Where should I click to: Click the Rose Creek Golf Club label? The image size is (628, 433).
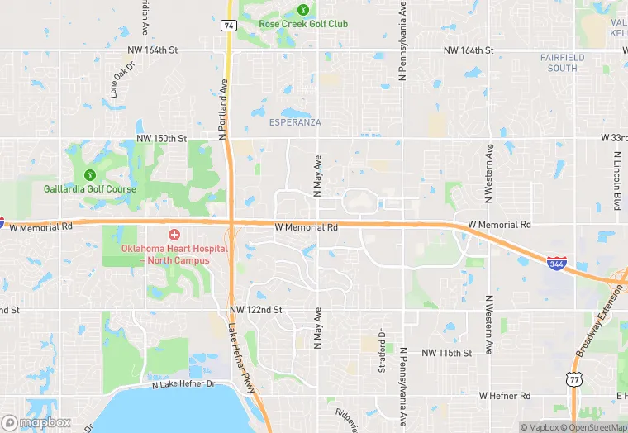pyautogui.click(x=303, y=24)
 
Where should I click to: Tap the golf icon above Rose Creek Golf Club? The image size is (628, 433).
pyautogui.click(x=303, y=10)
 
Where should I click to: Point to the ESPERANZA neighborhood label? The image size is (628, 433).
pyautogui.click(x=295, y=122)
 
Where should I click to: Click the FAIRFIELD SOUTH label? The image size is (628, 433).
pyautogui.click(x=562, y=62)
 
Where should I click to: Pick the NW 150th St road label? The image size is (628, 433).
pyautogui.click(x=162, y=137)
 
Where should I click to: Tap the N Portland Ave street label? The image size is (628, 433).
pyautogui.click(x=222, y=109)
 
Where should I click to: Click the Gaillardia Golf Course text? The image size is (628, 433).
pyautogui.click(x=90, y=188)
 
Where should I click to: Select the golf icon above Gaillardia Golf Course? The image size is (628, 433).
pyautogui.click(x=89, y=174)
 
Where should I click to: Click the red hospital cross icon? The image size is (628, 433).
pyautogui.click(x=174, y=236)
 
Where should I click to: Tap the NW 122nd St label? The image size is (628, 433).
pyautogui.click(x=256, y=309)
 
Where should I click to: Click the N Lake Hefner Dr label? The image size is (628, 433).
pyautogui.click(x=183, y=384)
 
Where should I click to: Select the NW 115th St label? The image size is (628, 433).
pyautogui.click(x=446, y=353)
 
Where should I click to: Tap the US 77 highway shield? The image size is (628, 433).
pyautogui.click(x=573, y=379)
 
